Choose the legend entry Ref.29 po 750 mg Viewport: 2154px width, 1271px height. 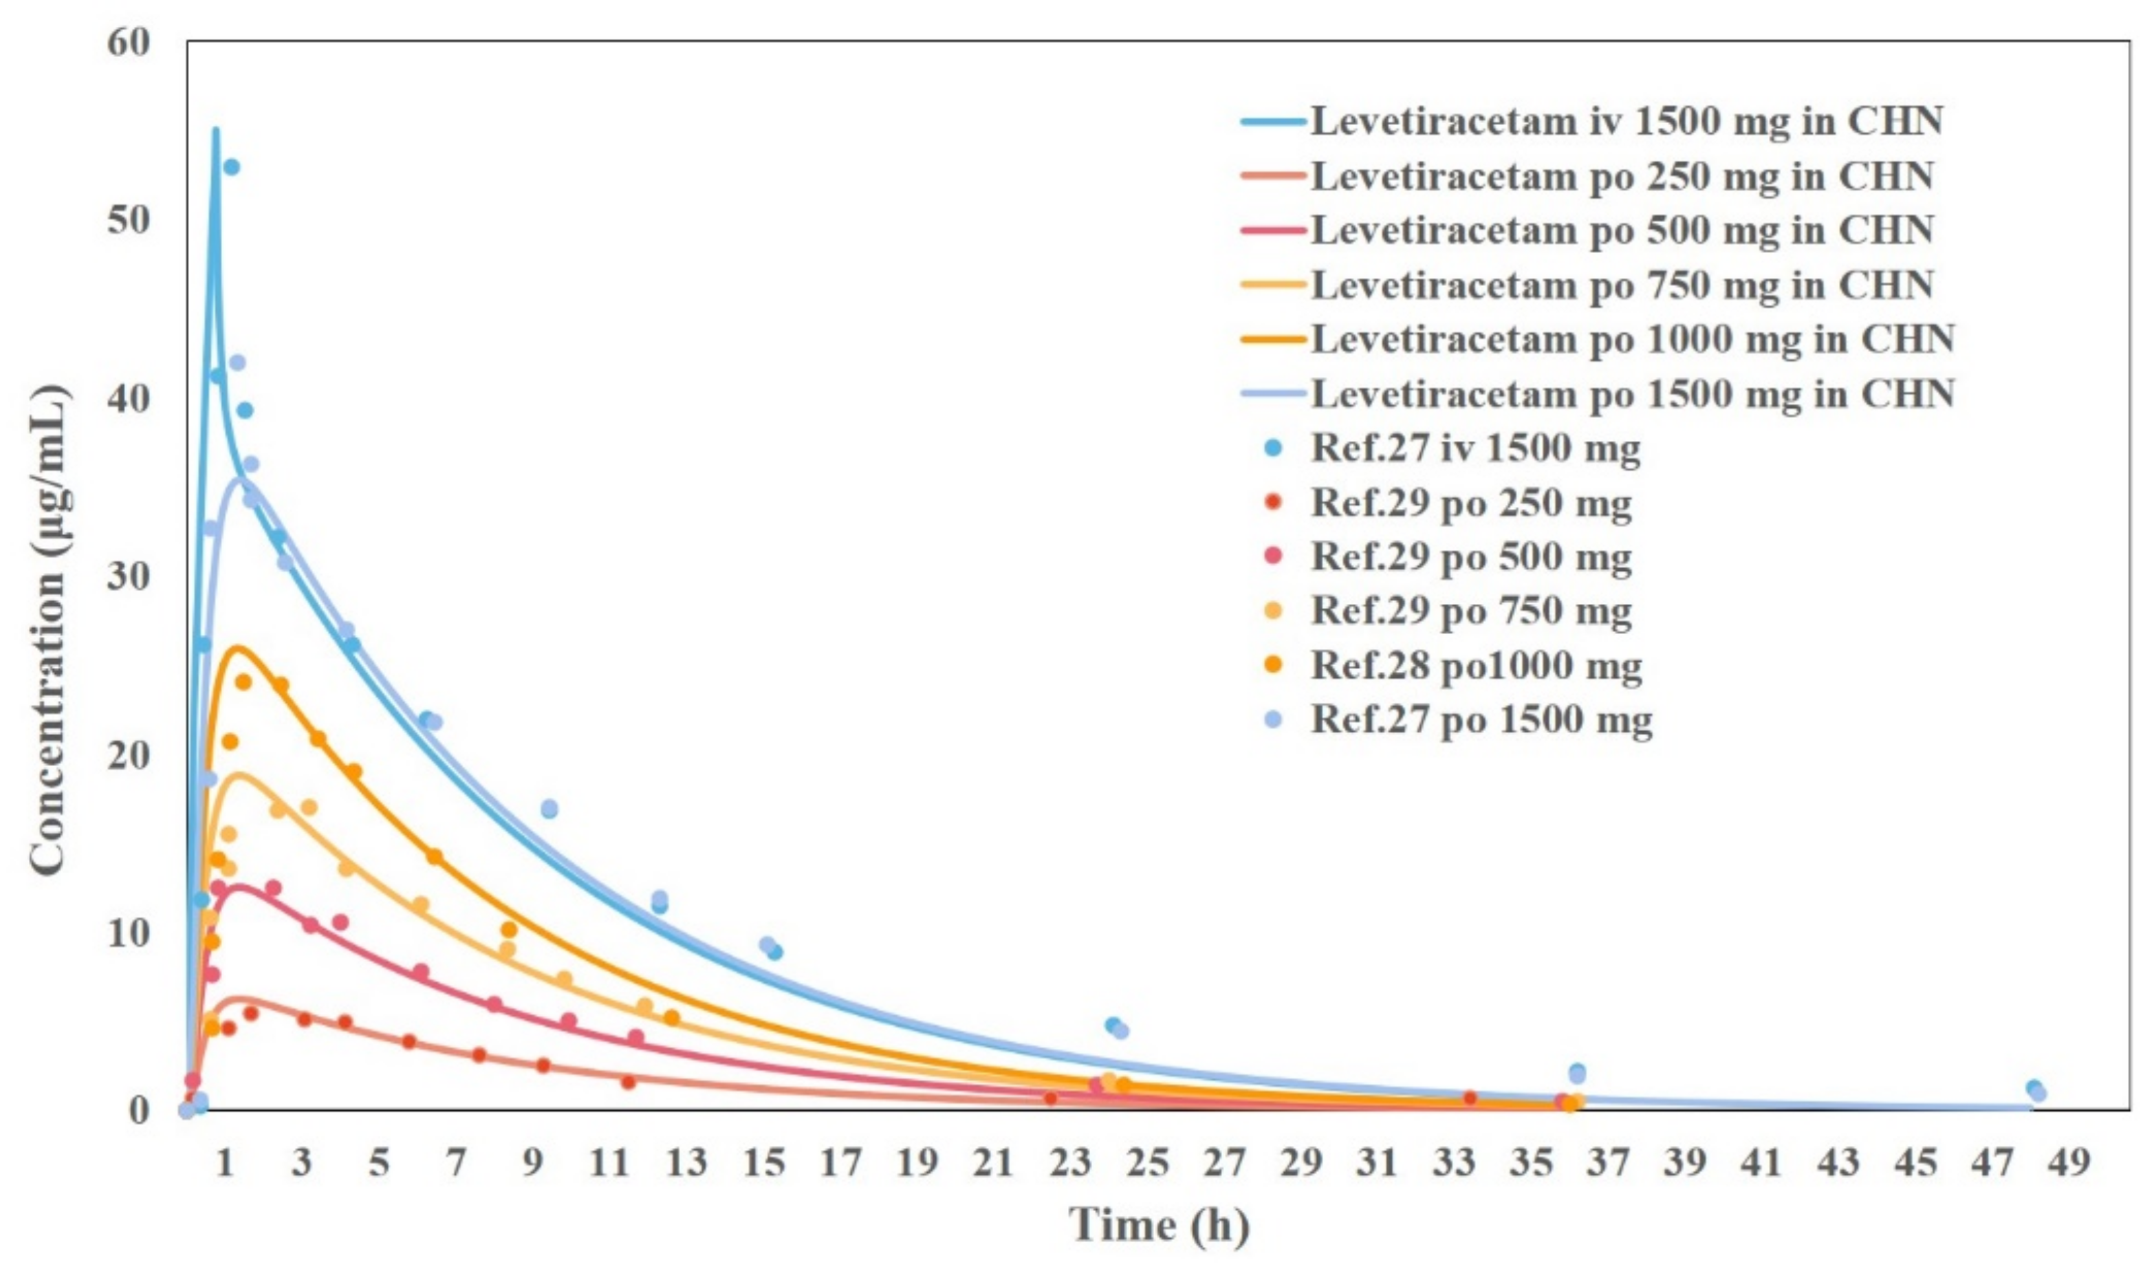(x=1470, y=611)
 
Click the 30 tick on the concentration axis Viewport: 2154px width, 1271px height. (x=129, y=576)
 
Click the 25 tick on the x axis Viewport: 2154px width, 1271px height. (x=1146, y=1163)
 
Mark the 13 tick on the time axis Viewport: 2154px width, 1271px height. (x=686, y=1163)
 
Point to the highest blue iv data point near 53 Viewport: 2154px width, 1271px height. (x=231, y=167)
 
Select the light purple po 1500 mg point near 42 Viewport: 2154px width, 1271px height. (x=237, y=362)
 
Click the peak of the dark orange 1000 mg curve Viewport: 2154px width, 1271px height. (x=238, y=647)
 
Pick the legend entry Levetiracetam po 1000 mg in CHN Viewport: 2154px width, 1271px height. (x=1631, y=339)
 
